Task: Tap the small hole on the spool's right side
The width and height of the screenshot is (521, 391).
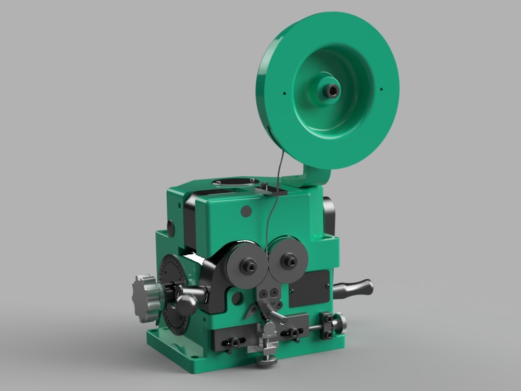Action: (x=382, y=88)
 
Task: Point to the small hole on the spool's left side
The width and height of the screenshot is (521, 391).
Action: (x=284, y=94)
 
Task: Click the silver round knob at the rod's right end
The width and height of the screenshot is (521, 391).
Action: (x=340, y=323)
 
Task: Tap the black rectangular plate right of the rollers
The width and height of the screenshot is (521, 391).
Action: (x=309, y=288)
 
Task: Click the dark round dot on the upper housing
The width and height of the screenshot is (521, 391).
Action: (x=246, y=211)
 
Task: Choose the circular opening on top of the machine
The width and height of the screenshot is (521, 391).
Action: (x=233, y=182)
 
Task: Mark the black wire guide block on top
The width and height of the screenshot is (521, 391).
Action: (x=271, y=189)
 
